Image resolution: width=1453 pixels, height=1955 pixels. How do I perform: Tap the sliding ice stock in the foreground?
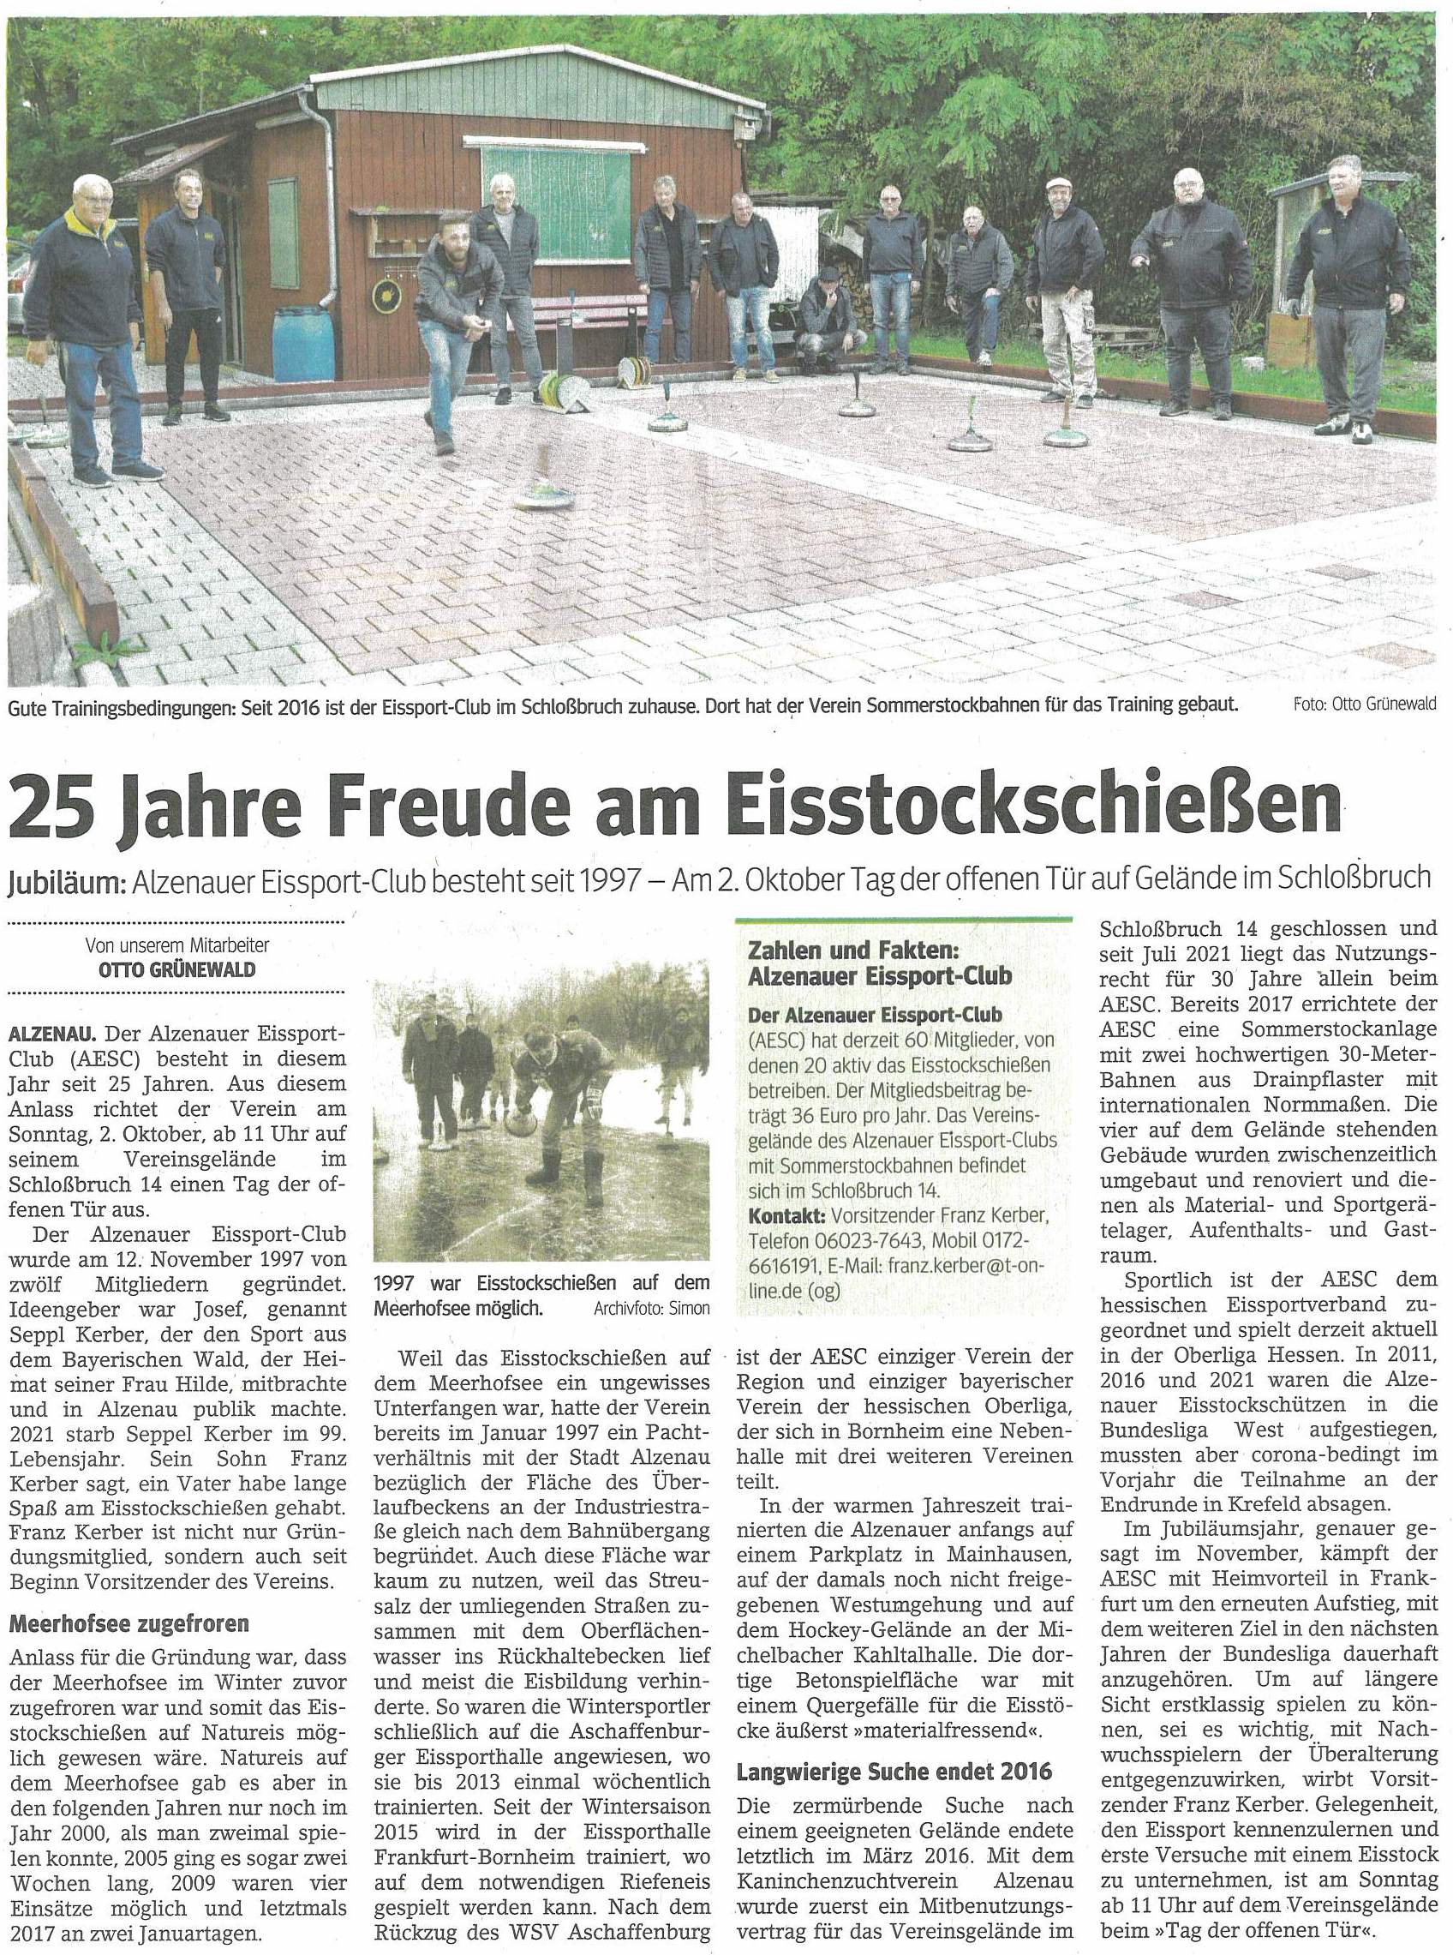[x=546, y=497]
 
